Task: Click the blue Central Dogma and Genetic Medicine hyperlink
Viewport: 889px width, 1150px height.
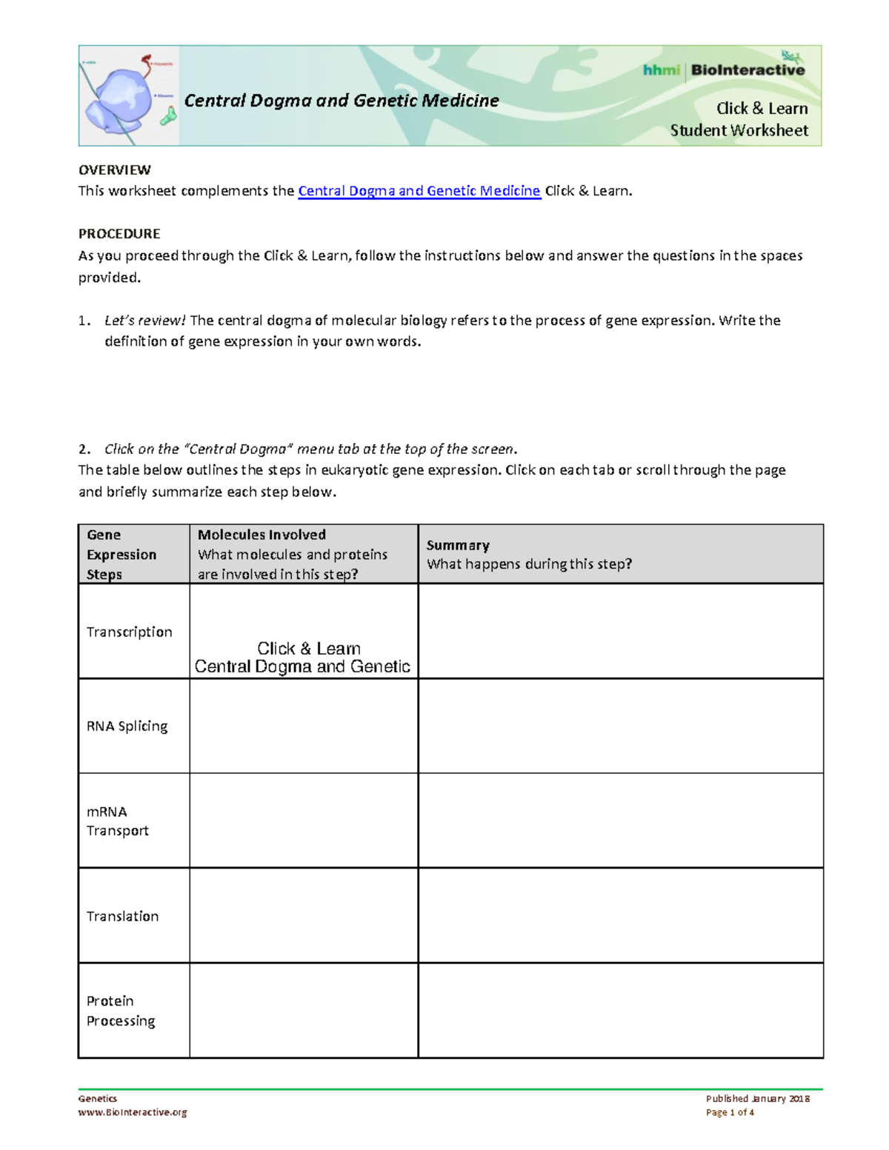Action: click(419, 191)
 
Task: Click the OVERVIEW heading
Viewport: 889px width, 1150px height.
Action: click(115, 170)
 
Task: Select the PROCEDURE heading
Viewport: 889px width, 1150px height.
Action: click(119, 234)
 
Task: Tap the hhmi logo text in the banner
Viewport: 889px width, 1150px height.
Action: click(661, 70)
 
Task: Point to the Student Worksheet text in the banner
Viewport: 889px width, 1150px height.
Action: click(739, 130)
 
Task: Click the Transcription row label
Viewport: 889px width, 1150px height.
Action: click(129, 632)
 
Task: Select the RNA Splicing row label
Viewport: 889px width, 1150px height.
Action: click(127, 726)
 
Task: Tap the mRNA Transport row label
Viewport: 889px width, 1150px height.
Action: click(117, 821)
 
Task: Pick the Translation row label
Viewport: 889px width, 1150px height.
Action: click(122, 916)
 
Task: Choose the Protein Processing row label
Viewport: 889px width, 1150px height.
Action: click(120, 1011)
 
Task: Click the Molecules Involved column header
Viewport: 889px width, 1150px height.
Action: click(262, 535)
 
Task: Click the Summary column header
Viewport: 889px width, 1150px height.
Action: click(458, 545)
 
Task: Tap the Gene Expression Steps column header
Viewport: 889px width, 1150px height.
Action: click(121, 554)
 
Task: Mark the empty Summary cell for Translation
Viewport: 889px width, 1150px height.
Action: click(620, 915)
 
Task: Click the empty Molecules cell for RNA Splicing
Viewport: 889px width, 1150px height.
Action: click(303, 726)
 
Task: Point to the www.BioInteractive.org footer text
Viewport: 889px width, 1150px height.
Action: click(132, 1112)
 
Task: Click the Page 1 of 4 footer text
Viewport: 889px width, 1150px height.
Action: click(730, 1112)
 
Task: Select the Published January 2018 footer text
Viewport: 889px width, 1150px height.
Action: click(757, 1099)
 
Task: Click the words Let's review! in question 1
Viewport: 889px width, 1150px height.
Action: click(145, 321)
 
